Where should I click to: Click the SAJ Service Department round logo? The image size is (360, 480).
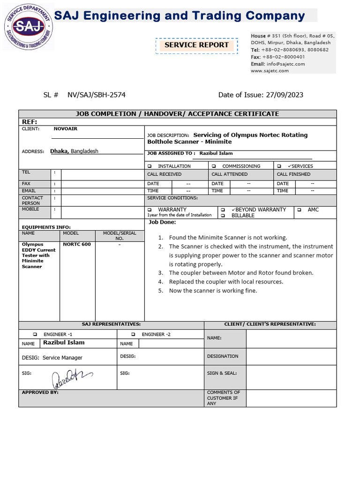tap(28, 27)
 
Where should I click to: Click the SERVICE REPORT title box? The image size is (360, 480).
tap(196, 45)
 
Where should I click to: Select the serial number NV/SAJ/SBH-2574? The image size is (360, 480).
tap(97, 95)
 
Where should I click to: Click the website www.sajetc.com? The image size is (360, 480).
tap(270, 71)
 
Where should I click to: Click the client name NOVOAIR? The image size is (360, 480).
tap(66, 128)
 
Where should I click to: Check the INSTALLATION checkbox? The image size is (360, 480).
tap(150, 166)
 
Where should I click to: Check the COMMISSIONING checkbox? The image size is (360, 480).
tap(214, 166)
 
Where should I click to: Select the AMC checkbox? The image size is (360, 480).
tap(299, 210)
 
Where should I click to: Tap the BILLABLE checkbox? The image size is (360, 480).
tap(223, 216)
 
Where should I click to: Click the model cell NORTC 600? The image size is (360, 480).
tap(77, 244)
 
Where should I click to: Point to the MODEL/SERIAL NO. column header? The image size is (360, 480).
tap(120, 236)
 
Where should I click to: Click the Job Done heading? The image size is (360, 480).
tap(162, 222)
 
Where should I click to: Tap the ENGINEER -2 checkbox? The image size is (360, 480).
tap(133, 335)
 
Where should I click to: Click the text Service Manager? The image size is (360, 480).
tap(62, 358)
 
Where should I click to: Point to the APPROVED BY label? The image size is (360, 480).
tap(40, 392)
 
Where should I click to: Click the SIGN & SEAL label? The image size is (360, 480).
tap(222, 374)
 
